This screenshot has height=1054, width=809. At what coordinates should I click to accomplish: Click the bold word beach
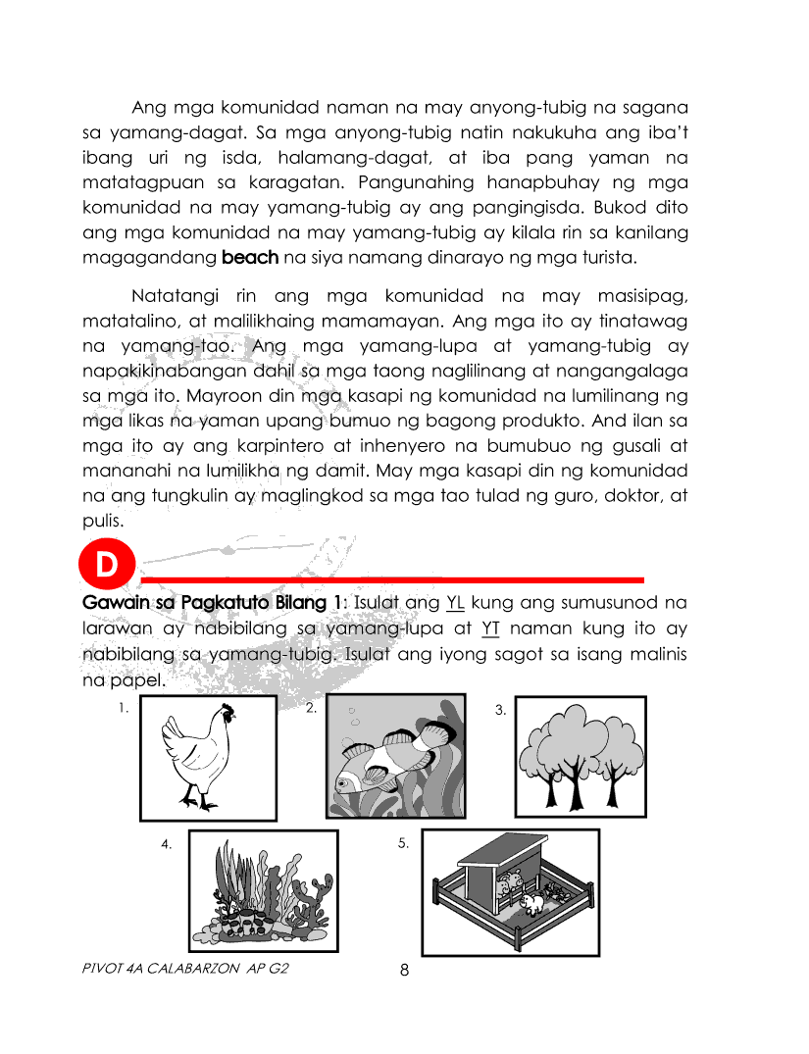(x=250, y=259)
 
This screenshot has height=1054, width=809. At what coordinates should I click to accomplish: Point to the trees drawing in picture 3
(x=581, y=756)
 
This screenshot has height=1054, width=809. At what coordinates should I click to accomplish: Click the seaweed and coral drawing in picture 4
(x=263, y=892)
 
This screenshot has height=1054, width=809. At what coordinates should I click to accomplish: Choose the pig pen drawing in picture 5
(x=510, y=892)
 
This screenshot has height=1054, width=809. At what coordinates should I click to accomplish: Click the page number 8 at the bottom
(x=404, y=971)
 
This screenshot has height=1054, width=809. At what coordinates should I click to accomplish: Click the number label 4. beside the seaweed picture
(x=168, y=844)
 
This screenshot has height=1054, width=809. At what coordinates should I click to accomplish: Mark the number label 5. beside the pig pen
(x=404, y=843)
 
